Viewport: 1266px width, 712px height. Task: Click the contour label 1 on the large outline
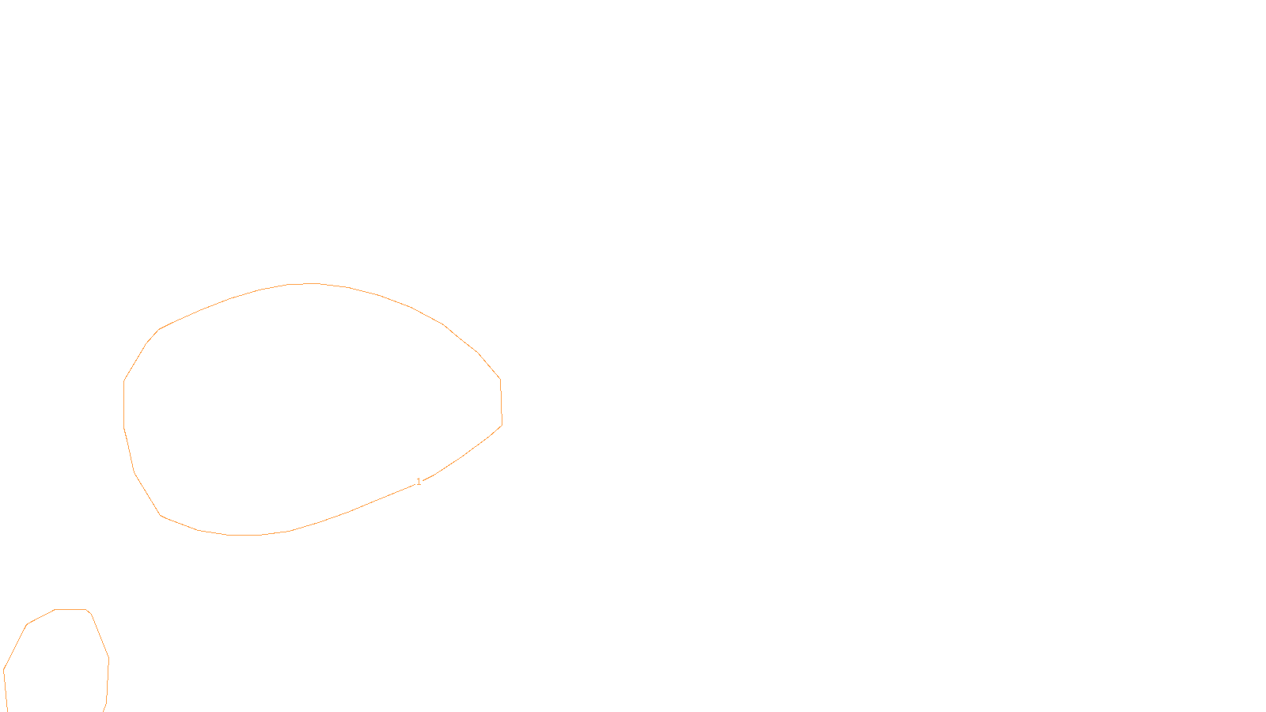coord(419,482)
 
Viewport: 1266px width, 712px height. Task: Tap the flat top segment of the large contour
coord(303,283)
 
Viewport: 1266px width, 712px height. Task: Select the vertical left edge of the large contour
coord(124,404)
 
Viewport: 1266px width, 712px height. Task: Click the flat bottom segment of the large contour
coord(244,536)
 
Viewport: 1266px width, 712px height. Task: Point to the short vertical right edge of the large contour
coord(501,402)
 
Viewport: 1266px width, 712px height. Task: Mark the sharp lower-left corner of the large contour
coord(161,515)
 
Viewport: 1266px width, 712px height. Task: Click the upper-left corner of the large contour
coord(159,329)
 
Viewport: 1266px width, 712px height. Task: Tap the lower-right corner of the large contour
coord(502,426)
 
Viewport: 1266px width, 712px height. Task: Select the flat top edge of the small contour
coord(70,609)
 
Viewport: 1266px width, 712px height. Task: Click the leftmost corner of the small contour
coord(4,669)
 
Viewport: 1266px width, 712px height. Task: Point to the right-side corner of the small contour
coord(108,657)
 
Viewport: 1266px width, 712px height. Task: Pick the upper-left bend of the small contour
coord(28,624)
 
